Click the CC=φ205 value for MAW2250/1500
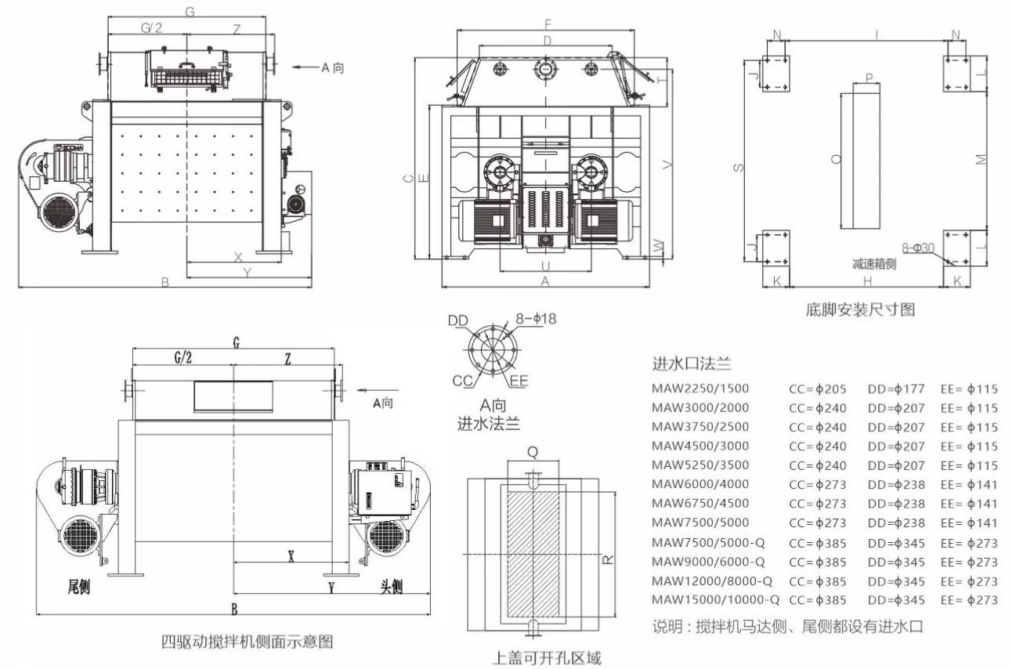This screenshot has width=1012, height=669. click(x=817, y=389)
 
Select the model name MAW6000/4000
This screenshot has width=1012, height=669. click(x=699, y=484)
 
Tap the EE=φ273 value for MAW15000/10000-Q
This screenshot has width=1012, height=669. click(x=969, y=600)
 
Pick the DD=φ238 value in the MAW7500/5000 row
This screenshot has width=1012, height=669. click(x=896, y=523)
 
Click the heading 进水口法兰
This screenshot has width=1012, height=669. click(x=691, y=363)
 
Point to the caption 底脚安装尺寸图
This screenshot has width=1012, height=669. click(x=860, y=310)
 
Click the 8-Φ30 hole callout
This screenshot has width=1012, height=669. click(x=918, y=248)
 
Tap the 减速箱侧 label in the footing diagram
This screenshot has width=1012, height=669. click(x=874, y=264)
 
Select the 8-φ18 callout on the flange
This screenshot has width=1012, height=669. click(x=536, y=319)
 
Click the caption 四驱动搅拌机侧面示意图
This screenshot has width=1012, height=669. click(x=248, y=642)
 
